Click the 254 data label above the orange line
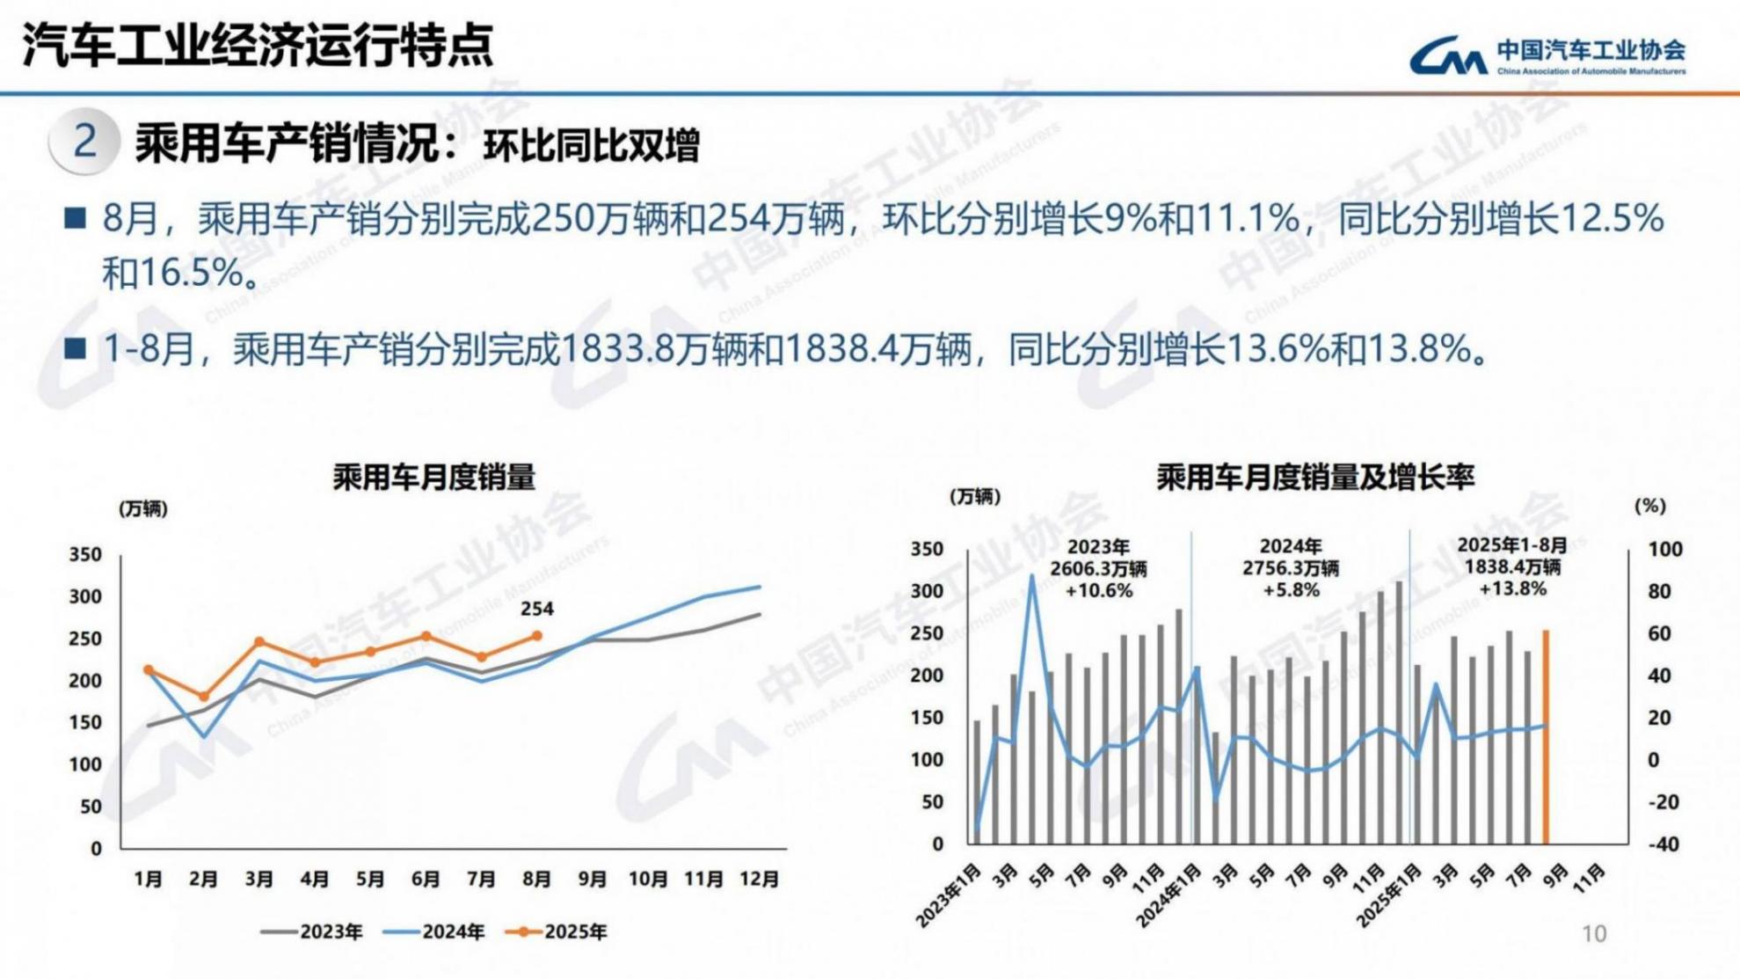coord(536,609)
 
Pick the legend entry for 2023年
coord(313,932)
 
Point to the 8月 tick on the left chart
coord(536,879)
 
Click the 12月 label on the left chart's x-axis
coord(759,879)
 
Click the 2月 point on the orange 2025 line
coord(204,697)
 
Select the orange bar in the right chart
coord(1546,737)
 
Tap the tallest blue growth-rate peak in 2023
coord(1032,577)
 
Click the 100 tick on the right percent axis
coord(1664,550)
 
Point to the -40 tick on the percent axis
coord(1662,844)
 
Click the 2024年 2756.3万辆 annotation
coord(1290,568)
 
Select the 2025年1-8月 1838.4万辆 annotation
coord(1512,566)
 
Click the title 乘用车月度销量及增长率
coord(1314,478)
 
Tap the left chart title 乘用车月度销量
coord(433,478)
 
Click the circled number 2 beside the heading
coord(84,142)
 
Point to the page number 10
coord(1593,934)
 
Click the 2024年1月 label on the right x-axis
coord(1169,897)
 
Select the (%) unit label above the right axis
coord(1649,506)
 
